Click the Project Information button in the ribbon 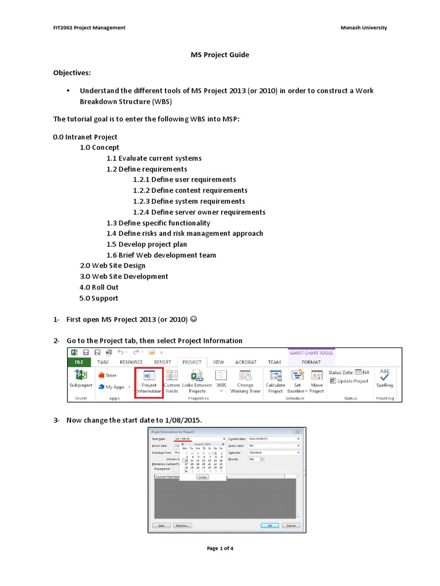(149, 382)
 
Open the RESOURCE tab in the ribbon (131, 362)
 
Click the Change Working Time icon (245, 382)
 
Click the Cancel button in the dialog (290, 525)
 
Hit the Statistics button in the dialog (182, 525)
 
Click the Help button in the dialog (161, 525)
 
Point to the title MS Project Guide (219, 55)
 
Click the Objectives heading (72, 73)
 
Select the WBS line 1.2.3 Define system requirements (188, 201)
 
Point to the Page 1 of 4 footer (219, 548)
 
